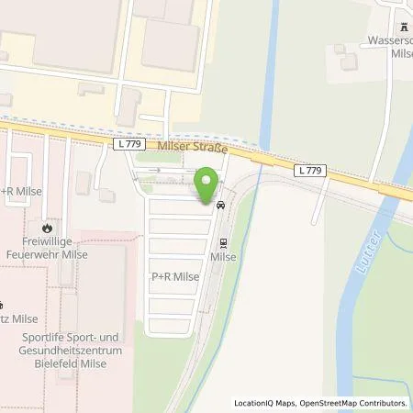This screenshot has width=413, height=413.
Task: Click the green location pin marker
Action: coord(209,184)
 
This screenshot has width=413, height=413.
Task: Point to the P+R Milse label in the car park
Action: coord(173,274)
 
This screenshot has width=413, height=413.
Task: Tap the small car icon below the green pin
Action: coord(220,206)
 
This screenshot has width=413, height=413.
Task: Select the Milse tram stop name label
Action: coord(222,258)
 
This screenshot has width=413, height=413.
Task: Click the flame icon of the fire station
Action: coord(47,226)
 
